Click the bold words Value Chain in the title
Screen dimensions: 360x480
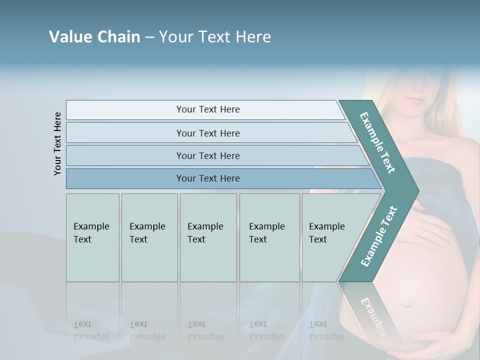pos(94,37)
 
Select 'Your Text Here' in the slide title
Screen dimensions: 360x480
pos(215,37)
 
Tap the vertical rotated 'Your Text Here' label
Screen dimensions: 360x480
pos(57,143)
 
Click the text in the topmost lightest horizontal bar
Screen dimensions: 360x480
pos(208,109)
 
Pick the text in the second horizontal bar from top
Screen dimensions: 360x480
pos(208,133)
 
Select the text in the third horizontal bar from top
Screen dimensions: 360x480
pos(208,156)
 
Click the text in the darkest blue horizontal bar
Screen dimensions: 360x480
pos(208,178)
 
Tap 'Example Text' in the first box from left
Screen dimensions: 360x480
pos(91,233)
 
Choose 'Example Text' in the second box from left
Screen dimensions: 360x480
pos(147,233)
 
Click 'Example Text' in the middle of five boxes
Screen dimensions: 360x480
pos(205,233)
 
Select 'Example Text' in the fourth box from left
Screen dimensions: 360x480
pos(266,233)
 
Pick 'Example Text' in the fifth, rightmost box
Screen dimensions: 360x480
pos(326,233)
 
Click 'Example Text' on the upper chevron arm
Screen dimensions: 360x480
pos(377,142)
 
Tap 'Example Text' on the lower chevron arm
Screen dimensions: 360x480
pos(378,236)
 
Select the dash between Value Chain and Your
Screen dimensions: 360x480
pos(149,37)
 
